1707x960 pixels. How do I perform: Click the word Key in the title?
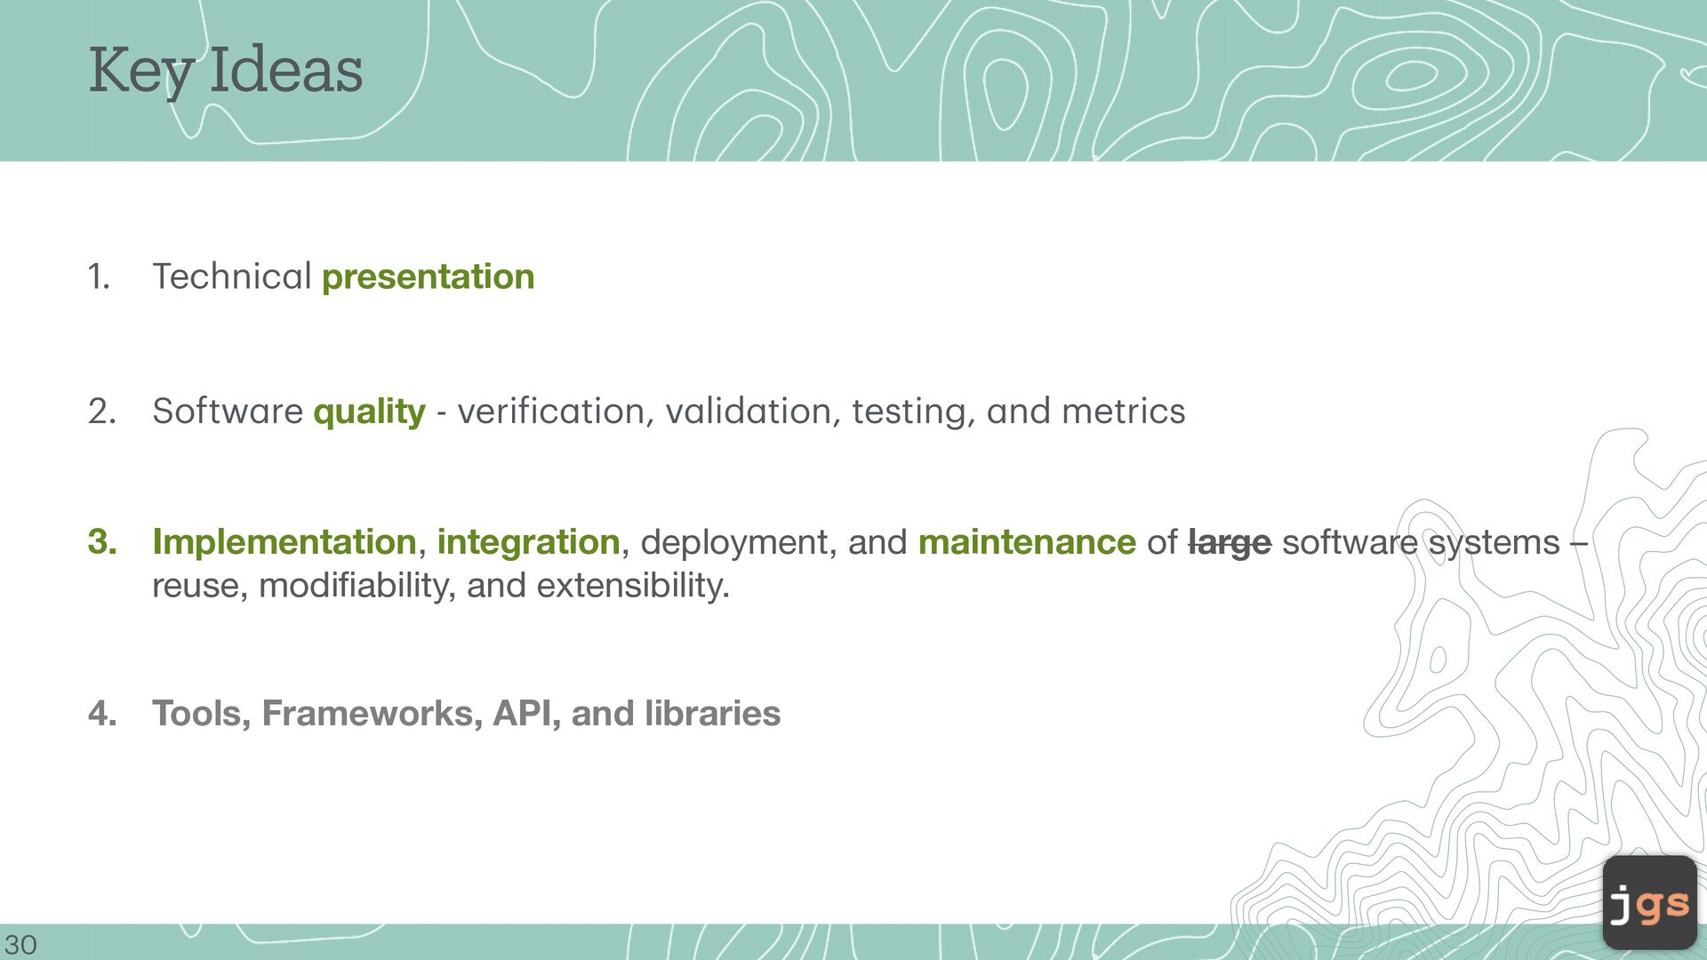tap(141, 71)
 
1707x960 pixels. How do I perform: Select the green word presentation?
tap(428, 277)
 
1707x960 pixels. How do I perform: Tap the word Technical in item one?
tap(231, 276)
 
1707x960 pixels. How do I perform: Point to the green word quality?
tap(370, 412)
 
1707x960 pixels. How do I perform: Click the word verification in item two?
tap(551, 412)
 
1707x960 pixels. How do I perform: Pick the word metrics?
tap(1123, 412)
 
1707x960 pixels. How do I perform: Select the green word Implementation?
tap(284, 542)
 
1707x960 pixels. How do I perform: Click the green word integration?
tap(528, 542)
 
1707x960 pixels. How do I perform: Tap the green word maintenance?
tap(1027, 542)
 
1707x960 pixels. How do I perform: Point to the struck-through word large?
tap(1230, 543)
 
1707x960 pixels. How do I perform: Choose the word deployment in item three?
tap(739, 543)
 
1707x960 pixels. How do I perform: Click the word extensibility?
tap(633, 586)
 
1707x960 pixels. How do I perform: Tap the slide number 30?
tap(20, 945)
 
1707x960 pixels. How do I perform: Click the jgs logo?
tap(1650, 903)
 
